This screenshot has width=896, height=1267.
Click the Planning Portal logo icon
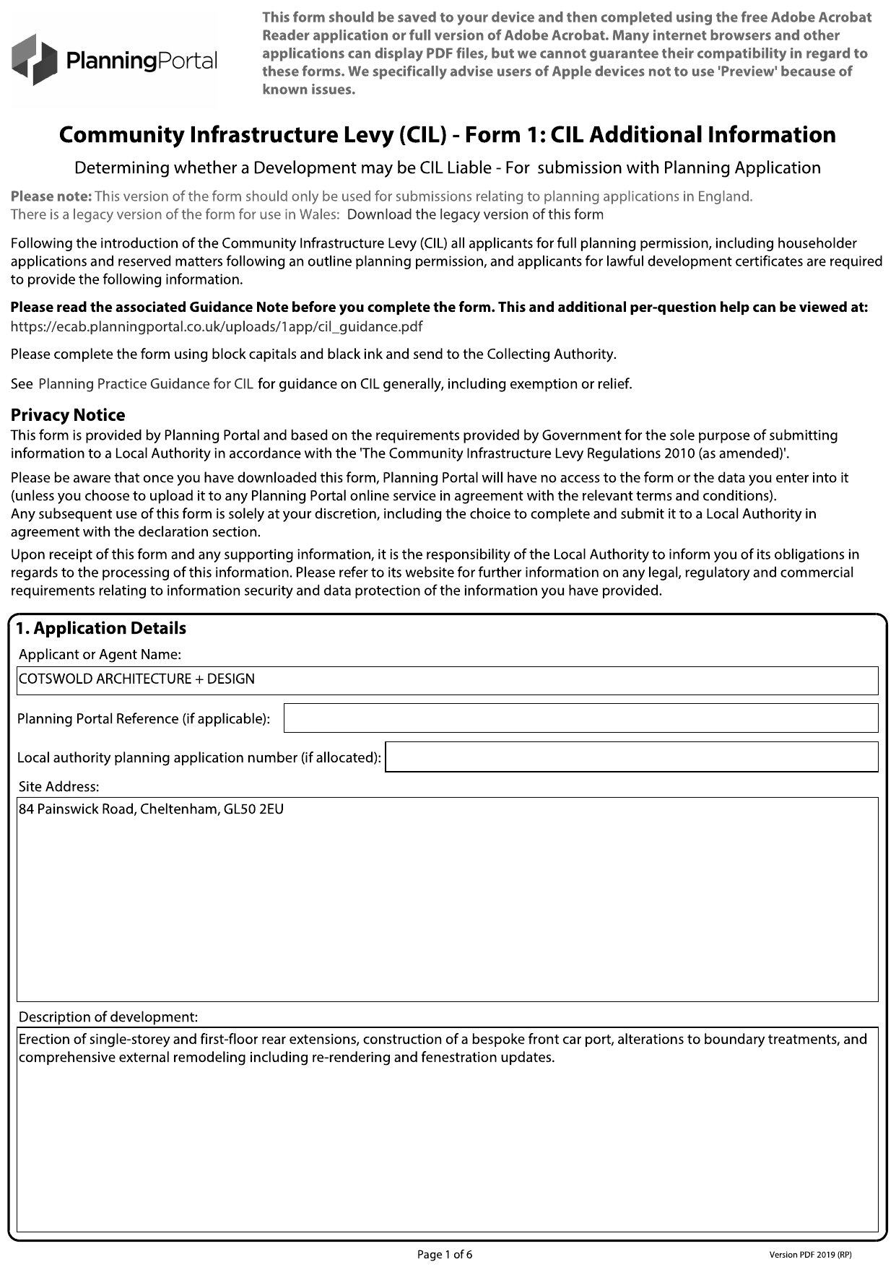coord(34,60)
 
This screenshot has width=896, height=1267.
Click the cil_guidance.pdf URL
coord(217,326)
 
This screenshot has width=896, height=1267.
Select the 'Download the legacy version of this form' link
coord(475,214)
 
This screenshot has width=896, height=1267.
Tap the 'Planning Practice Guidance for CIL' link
coord(146,384)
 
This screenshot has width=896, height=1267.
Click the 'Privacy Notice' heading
coord(68,415)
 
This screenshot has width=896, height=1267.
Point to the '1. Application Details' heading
coord(101,628)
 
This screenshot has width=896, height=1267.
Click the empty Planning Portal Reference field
coord(580,718)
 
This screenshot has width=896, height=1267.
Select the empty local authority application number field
coord(631,757)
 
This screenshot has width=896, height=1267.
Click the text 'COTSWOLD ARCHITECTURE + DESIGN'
coord(137,679)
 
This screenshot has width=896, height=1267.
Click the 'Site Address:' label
coord(58,786)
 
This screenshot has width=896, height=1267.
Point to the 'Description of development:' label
coord(108,1017)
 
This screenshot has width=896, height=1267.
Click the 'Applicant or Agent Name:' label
coord(100,654)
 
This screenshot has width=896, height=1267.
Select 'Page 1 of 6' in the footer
coord(445,1254)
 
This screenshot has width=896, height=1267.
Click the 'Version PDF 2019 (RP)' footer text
coord(815,1255)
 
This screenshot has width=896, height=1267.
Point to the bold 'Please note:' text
coord(51,196)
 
